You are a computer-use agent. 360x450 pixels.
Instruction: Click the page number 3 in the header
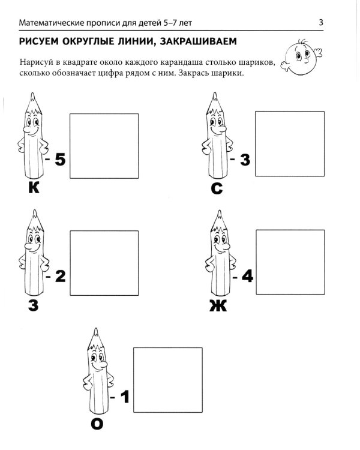[x=321, y=23]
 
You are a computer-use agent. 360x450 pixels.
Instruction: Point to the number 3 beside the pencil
[x=245, y=160]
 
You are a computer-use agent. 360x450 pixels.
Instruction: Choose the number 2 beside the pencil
[x=59, y=277]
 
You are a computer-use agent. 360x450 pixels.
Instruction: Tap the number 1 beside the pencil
[x=125, y=396]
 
